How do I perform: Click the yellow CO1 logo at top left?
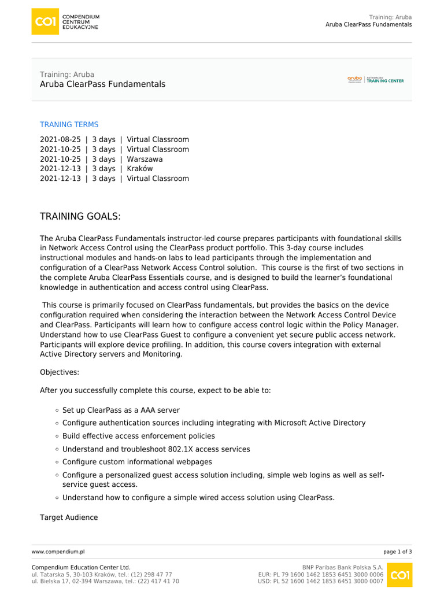tap(45, 21)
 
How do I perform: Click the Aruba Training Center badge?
tap(376, 80)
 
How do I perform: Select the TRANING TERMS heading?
tap(69, 124)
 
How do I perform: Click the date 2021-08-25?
tap(60, 139)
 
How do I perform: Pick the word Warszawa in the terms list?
tap(145, 159)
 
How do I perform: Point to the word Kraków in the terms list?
tap(139, 169)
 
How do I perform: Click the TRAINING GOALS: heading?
tap(80, 216)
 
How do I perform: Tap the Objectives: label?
tap(59, 371)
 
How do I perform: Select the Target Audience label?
tap(69, 517)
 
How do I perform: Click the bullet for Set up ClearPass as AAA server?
tap(57, 410)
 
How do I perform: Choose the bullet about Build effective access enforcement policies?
tap(57, 436)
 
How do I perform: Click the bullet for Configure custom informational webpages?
tap(57, 462)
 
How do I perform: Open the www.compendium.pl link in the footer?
tap(58, 552)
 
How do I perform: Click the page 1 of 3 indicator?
tap(398, 552)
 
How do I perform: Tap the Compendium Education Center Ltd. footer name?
tap(81, 568)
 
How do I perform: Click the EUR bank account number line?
tap(320, 575)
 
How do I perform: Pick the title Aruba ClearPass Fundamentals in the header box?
tap(102, 84)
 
